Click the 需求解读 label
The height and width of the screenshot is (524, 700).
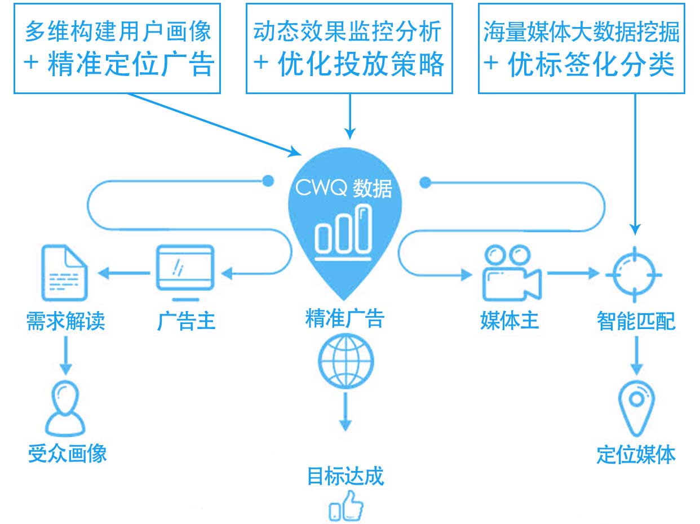click(x=65, y=321)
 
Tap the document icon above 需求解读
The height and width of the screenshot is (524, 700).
click(x=65, y=273)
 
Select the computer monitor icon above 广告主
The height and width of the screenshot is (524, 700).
click(x=185, y=273)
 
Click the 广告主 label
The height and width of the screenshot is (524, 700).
click(x=186, y=321)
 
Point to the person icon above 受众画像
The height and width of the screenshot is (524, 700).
click(x=65, y=408)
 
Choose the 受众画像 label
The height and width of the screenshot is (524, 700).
click(x=67, y=453)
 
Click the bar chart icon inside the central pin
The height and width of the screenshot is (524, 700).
click(x=343, y=233)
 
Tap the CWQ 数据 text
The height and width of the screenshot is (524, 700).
click(x=343, y=188)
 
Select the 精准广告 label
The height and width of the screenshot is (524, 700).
click(x=345, y=318)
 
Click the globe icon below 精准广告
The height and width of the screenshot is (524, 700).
click(x=345, y=361)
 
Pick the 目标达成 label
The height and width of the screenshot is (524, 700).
click(x=345, y=476)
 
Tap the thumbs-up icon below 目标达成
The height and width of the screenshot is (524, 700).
click(x=346, y=506)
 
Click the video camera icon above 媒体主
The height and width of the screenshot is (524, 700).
click(x=512, y=273)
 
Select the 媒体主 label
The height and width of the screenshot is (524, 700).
click(x=510, y=321)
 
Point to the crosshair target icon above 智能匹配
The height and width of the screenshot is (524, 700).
click(x=634, y=274)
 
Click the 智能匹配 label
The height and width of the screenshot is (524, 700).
click(x=636, y=321)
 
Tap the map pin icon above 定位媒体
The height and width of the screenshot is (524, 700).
click(x=636, y=408)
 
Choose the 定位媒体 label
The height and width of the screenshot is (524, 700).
click(x=636, y=454)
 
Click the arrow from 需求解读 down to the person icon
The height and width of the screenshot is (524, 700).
click(x=66, y=356)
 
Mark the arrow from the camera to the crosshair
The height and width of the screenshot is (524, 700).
click(x=573, y=273)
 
